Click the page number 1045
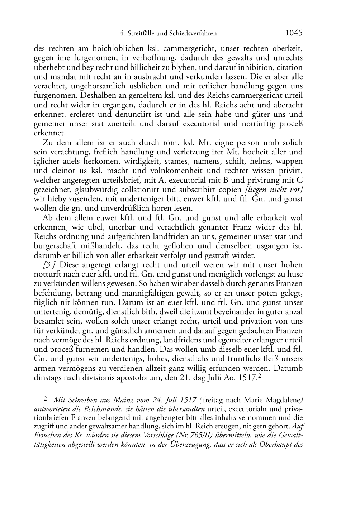[x=294, y=33]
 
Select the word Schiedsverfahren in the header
[x=194, y=34]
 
